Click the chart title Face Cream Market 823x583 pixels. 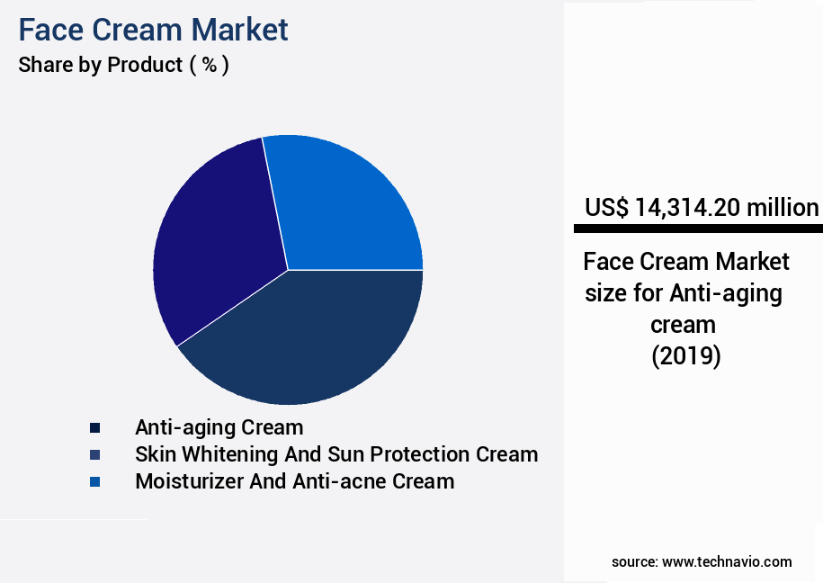click(x=153, y=30)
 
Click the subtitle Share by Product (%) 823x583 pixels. click(x=123, y=65)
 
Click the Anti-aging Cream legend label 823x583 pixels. click(x=219, y=427)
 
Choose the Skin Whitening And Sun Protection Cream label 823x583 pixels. click(x=336, y=454)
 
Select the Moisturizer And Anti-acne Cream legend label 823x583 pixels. click(x=294, y=481)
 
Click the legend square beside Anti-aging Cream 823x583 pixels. click(x=94, y=427)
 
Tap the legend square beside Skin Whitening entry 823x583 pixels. click(x=94, y=454)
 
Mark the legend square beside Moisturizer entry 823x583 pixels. click(x=94, y=481)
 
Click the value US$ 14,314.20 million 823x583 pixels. click(x=702, y=208)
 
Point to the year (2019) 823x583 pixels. click(x=685, y=356)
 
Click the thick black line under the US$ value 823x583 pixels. click(x=698, y=229)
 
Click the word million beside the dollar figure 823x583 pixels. click(x=782, y=208)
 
